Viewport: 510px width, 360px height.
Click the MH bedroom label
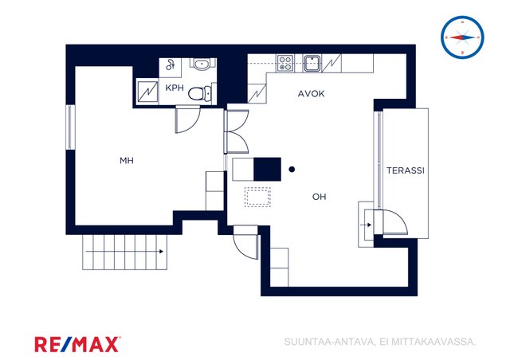coord(127,160)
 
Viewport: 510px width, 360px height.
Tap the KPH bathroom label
coord(175,88)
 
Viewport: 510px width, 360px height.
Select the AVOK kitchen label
coord(312,94)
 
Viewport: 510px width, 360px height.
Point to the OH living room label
coord(319,197)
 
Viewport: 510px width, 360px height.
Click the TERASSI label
coord(406,170)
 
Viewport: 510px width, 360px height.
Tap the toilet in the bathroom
coord(200,94)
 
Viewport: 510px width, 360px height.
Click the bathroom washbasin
coord(202,64)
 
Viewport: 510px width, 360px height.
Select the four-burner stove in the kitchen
coord(285,63)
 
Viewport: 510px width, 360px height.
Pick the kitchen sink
coord(312,63)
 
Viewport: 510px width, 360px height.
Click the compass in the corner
coord(462,37)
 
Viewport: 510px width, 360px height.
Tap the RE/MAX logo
coord(77,344)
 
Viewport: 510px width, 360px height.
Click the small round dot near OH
coord(292,169)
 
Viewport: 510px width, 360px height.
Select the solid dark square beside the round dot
coord(267,169)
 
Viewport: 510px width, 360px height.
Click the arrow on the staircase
coord(124,252)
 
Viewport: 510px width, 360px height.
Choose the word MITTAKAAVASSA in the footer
coord(433,342)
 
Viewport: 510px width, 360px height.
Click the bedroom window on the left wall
coord(69,127)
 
